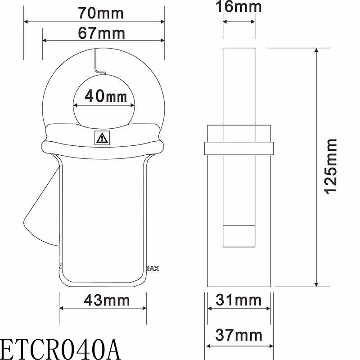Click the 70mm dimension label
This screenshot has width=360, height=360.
click(x=94, y=13)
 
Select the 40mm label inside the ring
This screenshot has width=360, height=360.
click(x=104, y=96)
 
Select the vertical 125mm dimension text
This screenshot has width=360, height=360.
click(x=331, y=166)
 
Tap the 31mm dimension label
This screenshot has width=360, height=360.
click(x=239, y=300)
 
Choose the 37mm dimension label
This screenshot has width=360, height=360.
click(x=239, y=335)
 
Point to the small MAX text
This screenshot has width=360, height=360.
click(x=153, y=269)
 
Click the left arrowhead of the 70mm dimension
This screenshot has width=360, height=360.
click(x=27, y=21)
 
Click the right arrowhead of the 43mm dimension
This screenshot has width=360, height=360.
click(x=144, y=308)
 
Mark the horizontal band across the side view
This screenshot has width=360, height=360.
click(x=239, y=148)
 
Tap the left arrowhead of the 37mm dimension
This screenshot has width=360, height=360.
click(x=209, y=346)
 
